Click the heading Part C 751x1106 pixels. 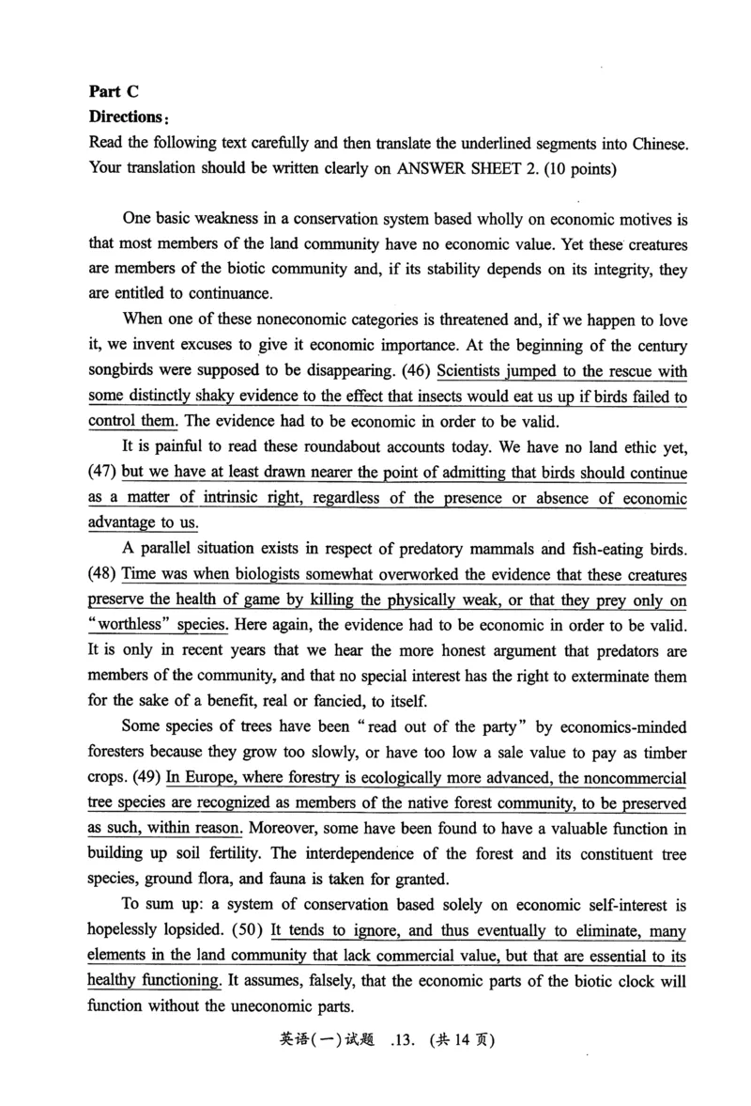114,91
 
